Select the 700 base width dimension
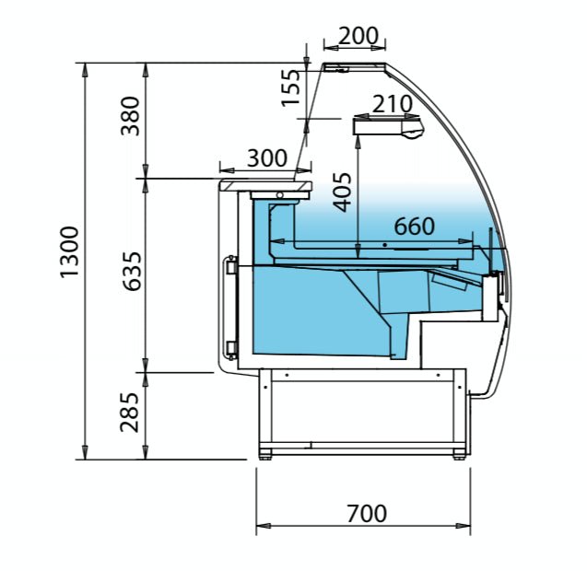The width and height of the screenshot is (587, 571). point(366,513)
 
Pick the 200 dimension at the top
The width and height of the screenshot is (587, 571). point(358,36)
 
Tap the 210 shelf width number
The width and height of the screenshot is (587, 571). point(392,104)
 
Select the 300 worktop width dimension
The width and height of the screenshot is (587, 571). point(267,157)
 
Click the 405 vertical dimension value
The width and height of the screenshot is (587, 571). point(343,192)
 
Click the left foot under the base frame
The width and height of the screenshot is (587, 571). point(267,454)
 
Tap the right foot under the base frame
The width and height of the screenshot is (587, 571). point(460,454)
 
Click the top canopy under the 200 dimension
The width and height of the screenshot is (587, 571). point(355,66)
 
